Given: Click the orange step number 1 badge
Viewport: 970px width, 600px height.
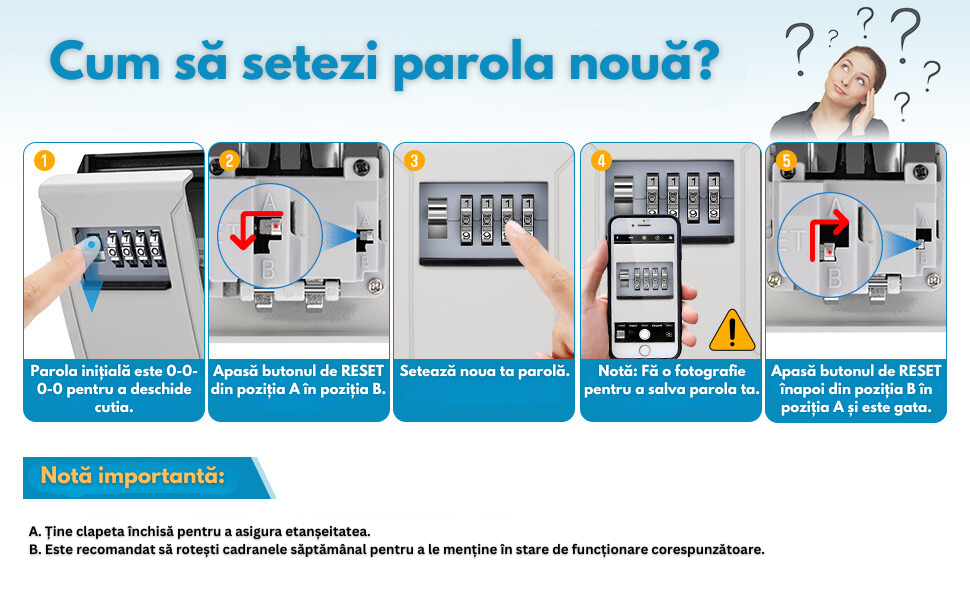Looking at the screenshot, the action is tap(44, 161).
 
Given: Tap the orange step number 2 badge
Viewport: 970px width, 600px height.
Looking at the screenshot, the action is tap(230, 161).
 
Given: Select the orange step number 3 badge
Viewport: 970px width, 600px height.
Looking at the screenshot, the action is tap(414, 161).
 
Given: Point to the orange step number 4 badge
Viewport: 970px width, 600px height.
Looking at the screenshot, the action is tap(601, 161).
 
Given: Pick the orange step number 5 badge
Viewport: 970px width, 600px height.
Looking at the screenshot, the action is tap(786, 161).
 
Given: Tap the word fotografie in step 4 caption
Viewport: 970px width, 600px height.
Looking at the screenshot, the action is tap(710, 371).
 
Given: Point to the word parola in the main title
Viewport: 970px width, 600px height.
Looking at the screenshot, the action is tap(474, 63).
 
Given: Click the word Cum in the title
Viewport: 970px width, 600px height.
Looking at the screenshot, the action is tap(105, 61).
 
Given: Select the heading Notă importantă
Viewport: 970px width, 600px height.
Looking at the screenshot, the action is tap(132, 476).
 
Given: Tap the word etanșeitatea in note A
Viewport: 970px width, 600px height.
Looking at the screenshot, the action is tap(330, 531).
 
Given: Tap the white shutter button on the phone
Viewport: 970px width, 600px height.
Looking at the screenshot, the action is tap(644, 334).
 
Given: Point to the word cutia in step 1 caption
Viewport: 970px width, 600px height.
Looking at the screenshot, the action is tap(114, 407).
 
